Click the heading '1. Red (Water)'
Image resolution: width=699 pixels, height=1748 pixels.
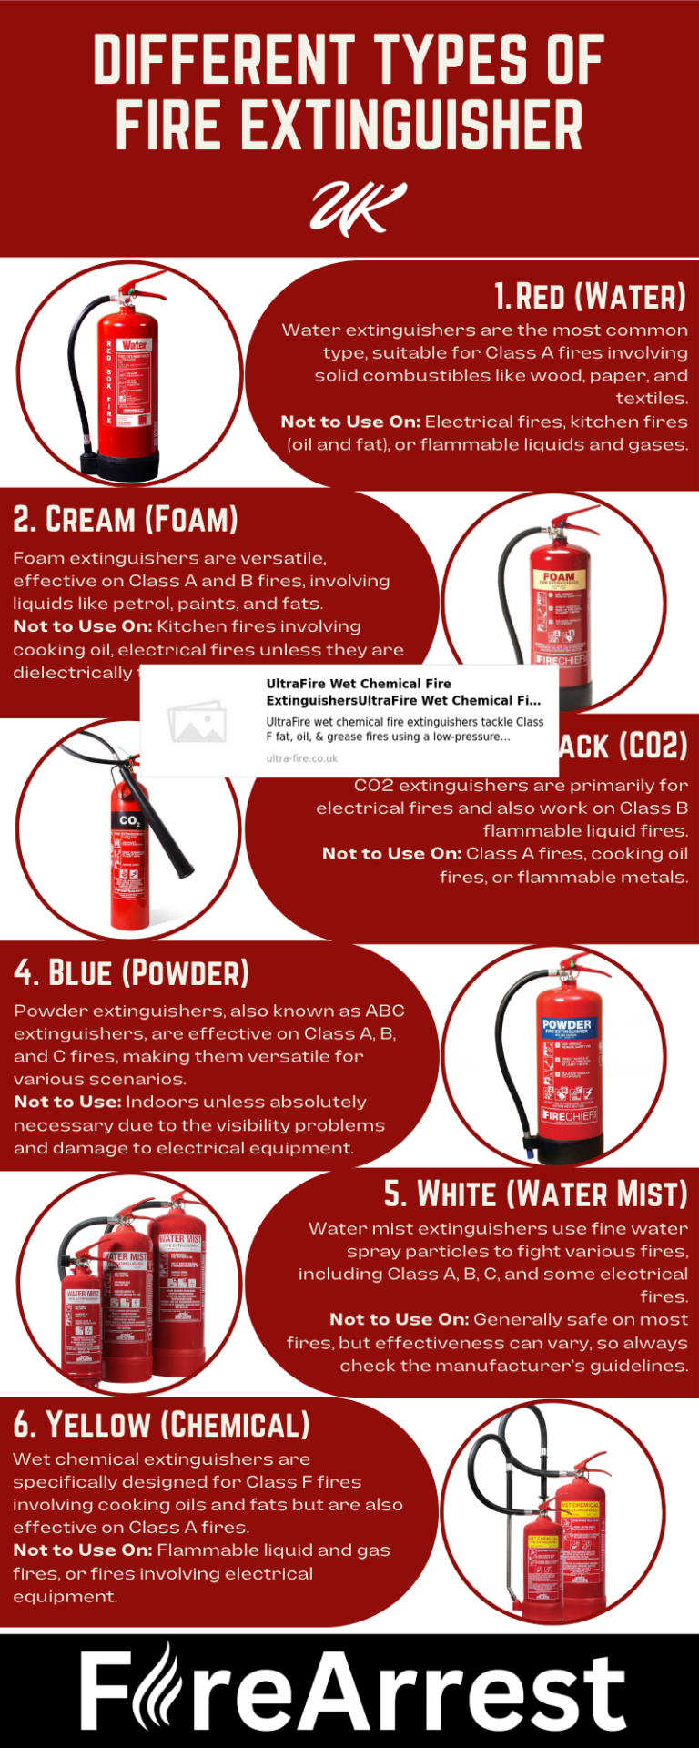coord(590,297)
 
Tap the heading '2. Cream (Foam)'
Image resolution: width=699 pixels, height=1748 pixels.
coord(126,520)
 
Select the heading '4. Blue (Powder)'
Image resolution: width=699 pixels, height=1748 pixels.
coord(131,972)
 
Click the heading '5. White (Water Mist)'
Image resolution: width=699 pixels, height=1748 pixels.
coord(535,1194)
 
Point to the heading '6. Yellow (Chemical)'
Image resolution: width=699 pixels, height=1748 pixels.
coord(161,1425)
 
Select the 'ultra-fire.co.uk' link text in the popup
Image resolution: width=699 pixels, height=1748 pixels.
coord(301,758)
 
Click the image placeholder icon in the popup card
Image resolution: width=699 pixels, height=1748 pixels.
coord(197,721)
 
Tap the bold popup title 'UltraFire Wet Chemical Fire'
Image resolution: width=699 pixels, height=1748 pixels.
coord(359,683)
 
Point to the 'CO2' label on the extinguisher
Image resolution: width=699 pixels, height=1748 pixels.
coord(130,820)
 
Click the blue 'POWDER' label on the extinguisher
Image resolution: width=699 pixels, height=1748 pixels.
coord(566,1025)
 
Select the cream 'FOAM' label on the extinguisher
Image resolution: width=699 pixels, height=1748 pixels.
coord(558,576)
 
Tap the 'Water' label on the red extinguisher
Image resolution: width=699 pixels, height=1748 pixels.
coord(135,345)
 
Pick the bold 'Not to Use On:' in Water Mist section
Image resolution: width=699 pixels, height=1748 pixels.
coord(399,1319)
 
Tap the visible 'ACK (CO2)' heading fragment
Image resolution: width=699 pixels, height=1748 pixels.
coord(623,746)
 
